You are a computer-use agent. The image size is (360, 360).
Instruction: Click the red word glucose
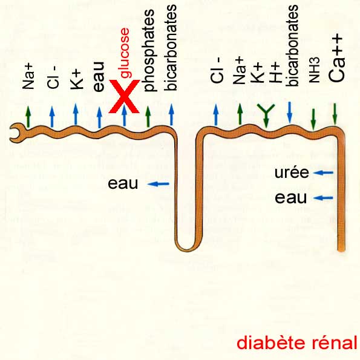coord(125,53)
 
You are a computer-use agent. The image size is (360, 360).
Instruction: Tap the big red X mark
coord(124,96)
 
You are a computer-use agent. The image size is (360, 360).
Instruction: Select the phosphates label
coord(149,50)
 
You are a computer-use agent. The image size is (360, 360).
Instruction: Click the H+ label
coord(275,73)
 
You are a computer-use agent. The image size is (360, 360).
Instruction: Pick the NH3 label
coord(314,70)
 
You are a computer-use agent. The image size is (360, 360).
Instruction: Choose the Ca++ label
coord(336,58)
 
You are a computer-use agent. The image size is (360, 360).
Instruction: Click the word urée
coord(292,172)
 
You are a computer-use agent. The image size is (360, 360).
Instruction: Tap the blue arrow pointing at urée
coord(323,172)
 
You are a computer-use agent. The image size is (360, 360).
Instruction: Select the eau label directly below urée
coord(290,198)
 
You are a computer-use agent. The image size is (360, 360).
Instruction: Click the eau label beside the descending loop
coord(123,183)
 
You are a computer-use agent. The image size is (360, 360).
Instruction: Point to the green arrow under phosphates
coord(148,116)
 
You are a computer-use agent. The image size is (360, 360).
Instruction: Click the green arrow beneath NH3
coord(313,119)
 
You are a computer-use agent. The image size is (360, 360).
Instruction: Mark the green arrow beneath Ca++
coord(335,114)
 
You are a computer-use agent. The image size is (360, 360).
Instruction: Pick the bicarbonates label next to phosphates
coord(171,48)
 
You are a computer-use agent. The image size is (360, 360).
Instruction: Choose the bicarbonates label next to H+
coord(292,46)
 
